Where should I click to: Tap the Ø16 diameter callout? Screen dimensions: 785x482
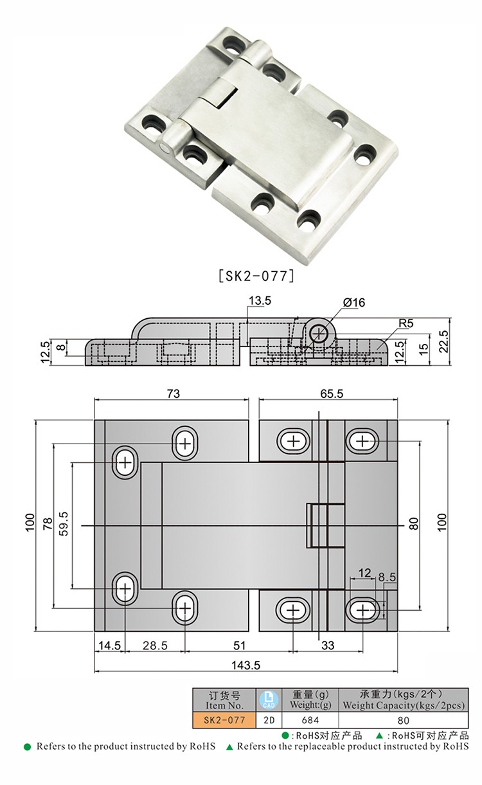click(353, 302)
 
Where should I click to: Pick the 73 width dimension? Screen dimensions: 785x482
click(173, 393)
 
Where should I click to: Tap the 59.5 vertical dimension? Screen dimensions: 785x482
click(64, 525)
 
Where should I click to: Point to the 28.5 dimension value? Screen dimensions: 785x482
click(154, 645)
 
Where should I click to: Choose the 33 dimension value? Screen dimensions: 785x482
click(328, 645)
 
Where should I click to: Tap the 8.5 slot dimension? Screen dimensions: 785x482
click(387, 578)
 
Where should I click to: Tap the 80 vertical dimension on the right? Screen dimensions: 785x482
click(413, 524)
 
